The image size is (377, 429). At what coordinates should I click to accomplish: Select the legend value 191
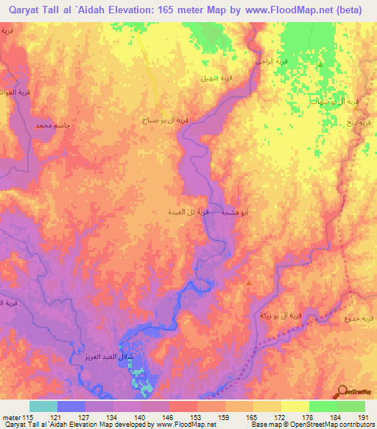click(x=361, y=417)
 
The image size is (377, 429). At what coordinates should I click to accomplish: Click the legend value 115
click(x=29, y=417)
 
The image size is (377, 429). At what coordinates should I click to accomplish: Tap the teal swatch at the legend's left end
click(x=43, y=406)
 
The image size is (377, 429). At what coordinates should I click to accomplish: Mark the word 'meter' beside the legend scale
click(x=11, y=417)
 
